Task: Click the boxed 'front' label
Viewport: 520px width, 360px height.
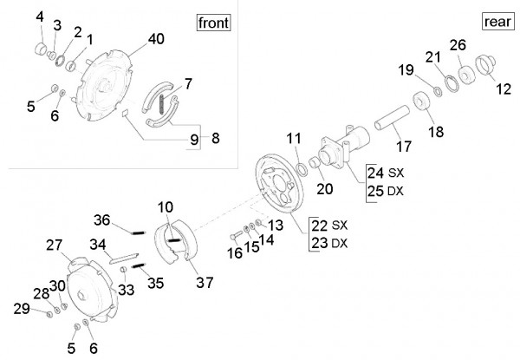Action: click(213, 23)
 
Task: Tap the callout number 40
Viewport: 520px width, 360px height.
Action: click(156, 38)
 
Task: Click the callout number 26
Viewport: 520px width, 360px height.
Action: click(458, 45)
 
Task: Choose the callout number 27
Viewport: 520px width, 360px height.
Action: click(55, 245)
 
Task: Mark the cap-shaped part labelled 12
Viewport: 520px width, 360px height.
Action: click(484, 69)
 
